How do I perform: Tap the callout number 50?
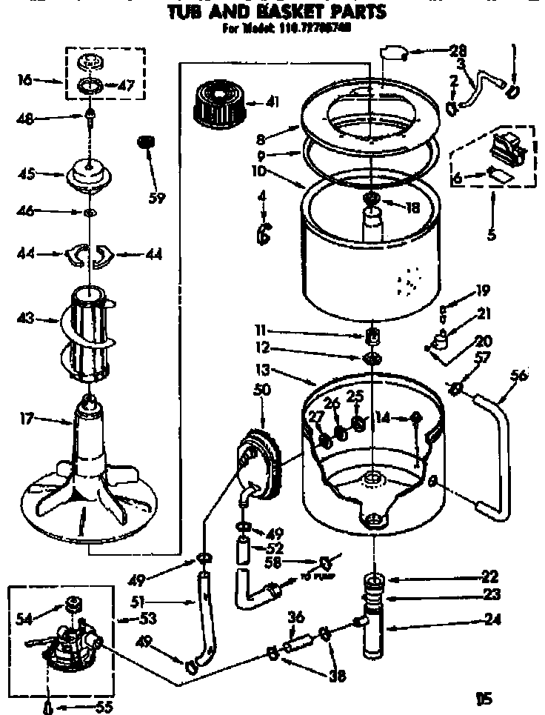(261, 389)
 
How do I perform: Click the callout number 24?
(489, 629)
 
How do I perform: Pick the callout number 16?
(24, 79)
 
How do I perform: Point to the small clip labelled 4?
(263, 234)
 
